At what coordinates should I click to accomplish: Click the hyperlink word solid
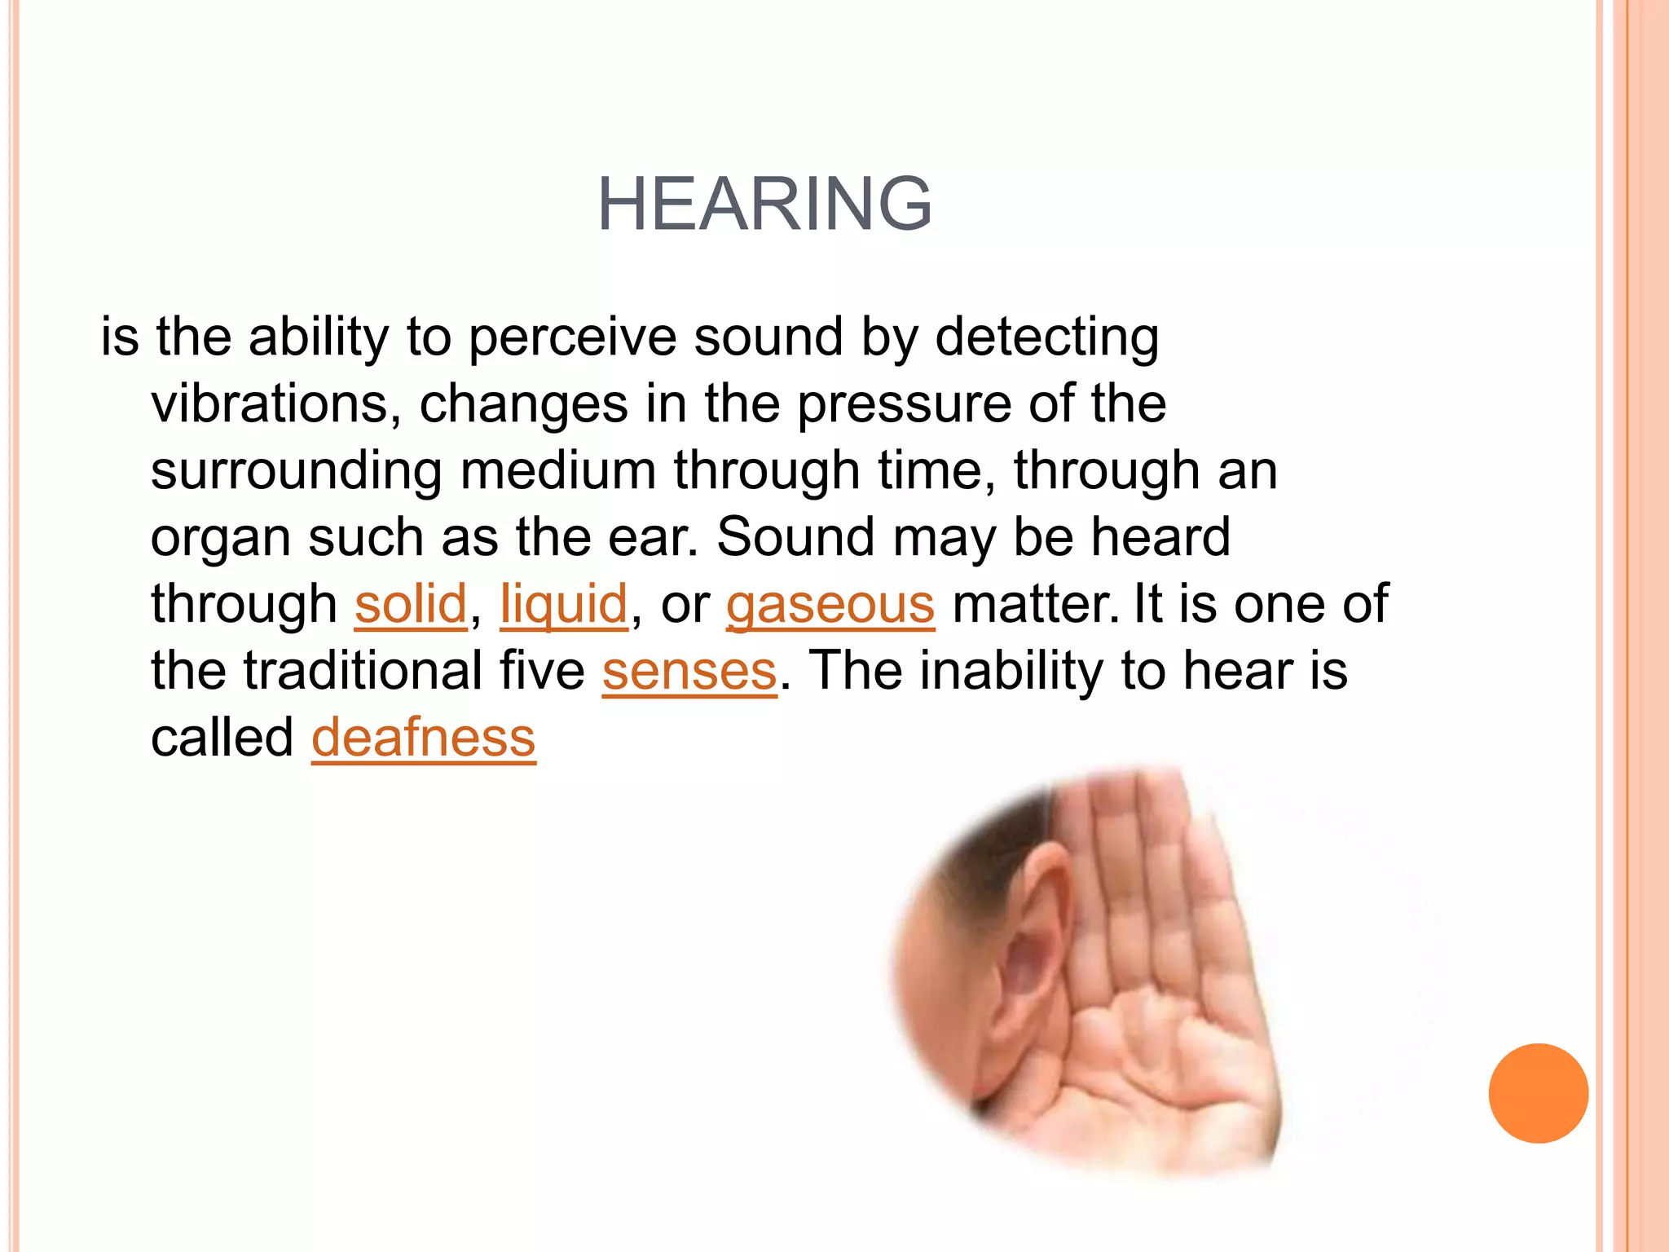[411, 604]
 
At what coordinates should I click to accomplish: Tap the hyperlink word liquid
[564, 604]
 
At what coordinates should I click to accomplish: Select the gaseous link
[830, 604]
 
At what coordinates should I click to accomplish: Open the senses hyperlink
[689, 671]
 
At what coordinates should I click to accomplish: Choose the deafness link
[424, 738]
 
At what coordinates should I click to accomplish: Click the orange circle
[1538, 1093]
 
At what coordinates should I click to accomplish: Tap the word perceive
[573, 337]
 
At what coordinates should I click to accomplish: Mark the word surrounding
[297, 471]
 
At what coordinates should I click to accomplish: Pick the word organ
[221, 538]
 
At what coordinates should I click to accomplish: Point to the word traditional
[363, 671]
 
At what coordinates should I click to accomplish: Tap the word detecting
[1046, 337]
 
